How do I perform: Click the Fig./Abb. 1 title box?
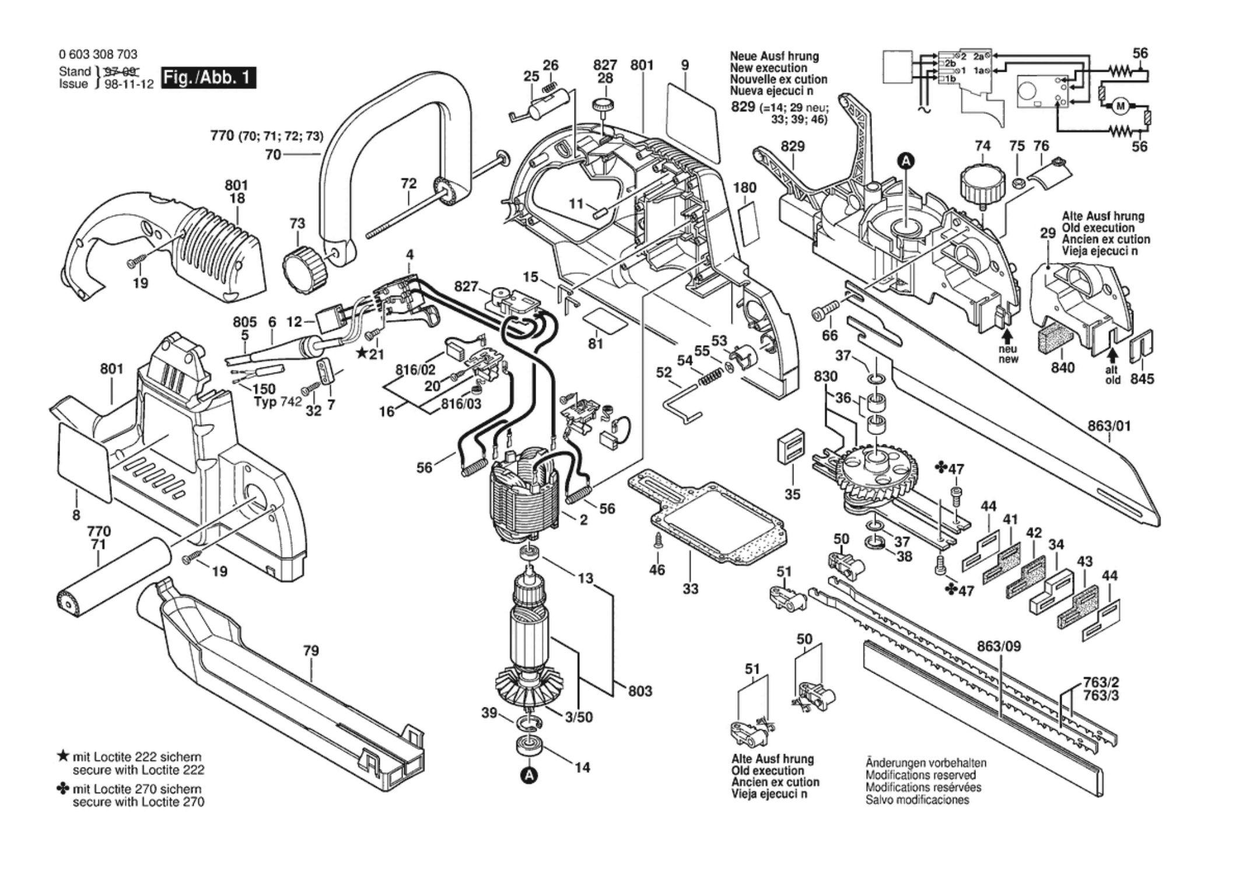[x=208, y=78]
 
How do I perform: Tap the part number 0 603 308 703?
[x=98, y=54]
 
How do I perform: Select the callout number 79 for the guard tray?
[x=311, y=650]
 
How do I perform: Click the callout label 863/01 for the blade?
[x=1109, y=426]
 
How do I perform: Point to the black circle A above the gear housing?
[x=905, y=161]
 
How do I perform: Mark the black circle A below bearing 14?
[x=529, y=775]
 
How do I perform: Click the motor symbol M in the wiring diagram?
[x=1119, y=106]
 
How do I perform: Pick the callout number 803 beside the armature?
[x=640, y=691]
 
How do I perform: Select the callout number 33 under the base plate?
[x=690, y=589]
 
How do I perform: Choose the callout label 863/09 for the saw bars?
[x=999, y=646]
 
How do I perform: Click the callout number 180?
[x=745, y=188]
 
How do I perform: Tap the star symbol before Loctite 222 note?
[x=63, y=756]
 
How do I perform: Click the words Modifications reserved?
[x=920, y=775]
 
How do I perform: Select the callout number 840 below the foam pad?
[x=1062, y=367]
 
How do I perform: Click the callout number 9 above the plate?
[x=685, y=65]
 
